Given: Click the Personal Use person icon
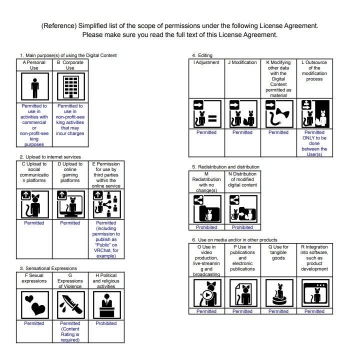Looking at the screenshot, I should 34,87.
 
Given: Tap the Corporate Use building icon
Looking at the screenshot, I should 70,87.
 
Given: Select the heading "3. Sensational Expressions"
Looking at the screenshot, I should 48,268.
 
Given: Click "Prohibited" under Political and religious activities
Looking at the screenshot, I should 106,323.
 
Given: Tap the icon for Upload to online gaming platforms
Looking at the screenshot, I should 70,204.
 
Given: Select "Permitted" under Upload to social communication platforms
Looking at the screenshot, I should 34,223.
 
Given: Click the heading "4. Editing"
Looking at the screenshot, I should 202,55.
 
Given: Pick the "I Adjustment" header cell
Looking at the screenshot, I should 206,62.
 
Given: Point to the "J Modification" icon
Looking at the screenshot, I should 242,114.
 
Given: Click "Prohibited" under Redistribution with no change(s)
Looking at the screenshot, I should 206,227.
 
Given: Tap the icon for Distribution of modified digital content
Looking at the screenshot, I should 242,208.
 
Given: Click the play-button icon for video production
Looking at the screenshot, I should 206,293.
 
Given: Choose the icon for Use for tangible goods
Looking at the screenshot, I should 278,293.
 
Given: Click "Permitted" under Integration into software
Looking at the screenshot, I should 314,311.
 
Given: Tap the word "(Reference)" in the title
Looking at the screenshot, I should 59,25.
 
